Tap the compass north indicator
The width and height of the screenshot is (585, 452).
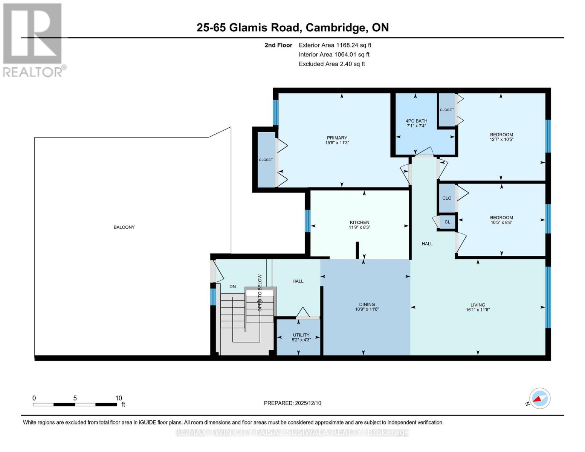point(539,399)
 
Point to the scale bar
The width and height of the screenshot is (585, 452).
point(75,404)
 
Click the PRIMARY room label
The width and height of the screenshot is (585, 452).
point(337,137)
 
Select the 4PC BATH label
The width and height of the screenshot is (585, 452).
point(417,121)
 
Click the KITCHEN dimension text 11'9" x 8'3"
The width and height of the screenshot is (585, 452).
point(359,227)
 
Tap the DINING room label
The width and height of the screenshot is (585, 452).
point(367,304)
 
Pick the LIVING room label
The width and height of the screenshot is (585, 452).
point(478,305)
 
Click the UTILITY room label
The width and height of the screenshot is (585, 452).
point(301,335)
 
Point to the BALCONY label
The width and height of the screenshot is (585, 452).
point(124,227)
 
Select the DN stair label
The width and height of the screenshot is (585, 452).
point(232,287)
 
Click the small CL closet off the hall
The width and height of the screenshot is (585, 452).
point(447,222)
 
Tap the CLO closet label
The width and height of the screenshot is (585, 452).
point(447,198)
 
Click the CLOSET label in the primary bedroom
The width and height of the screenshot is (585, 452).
point(266,160)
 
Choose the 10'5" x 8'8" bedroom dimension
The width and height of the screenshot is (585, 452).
point(501,222)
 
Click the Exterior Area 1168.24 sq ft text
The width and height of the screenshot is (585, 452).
point(335,45)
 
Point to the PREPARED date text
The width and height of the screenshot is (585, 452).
point(292,403)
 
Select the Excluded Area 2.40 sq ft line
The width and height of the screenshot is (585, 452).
point(331,64)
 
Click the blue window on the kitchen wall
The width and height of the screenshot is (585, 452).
point(307,221)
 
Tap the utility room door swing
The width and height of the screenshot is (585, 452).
point(303,312)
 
